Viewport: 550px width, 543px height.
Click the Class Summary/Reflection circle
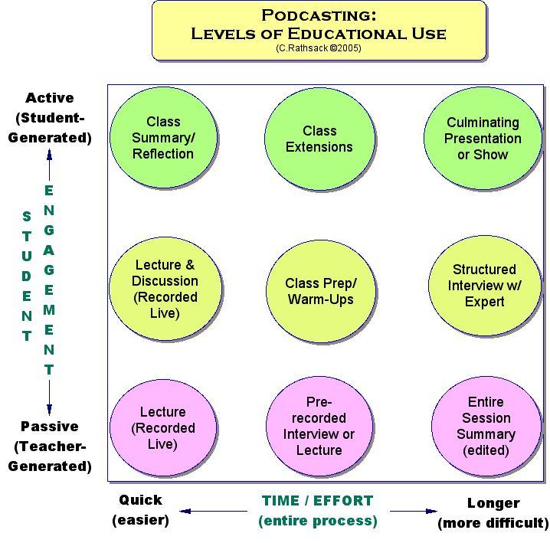[163, 138]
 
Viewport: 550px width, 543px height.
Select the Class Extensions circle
[319, 139]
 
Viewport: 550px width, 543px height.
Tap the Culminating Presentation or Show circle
[483, 138]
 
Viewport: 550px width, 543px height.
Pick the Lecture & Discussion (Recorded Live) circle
[165, 289]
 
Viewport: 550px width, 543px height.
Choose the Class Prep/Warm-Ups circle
[321, 291]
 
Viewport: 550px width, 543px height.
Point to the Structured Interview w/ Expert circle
[484, 286]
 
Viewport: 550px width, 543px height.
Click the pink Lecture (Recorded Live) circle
[163, 427]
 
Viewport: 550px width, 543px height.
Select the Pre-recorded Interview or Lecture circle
[319, 426]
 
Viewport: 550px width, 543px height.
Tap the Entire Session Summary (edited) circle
[486, 426]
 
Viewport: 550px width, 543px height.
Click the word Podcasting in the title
[319, 15]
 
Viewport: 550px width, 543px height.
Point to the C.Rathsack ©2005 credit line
[319, 48]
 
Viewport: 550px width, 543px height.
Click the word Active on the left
[50, 98]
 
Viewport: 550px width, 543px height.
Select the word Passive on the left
[50, 427]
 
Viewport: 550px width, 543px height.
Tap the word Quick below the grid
[141, 500]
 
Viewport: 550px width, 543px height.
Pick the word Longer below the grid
[493, 504]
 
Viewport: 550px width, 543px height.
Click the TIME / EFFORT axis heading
[318, 501]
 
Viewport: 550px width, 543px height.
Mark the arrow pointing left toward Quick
[214, 511]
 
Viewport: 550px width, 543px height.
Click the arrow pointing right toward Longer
[414, 511]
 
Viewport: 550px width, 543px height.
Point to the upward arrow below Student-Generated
[50, 165]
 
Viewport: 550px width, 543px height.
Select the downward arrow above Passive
[50, 397]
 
